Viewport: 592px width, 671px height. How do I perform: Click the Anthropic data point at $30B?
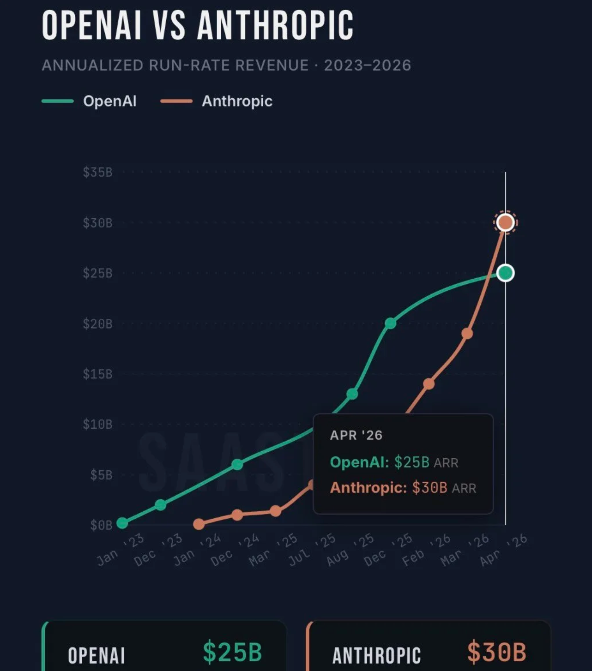[x=505, y=222]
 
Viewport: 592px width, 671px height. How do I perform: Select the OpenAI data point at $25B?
[x=505, y=273]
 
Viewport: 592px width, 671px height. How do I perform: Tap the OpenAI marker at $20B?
[x=390, y=323]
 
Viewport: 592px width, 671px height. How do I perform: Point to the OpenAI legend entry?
[x=109, y=101]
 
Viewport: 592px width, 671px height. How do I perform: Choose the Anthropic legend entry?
[x=237, y=101]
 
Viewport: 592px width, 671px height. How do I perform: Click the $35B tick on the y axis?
[x=97, y=173]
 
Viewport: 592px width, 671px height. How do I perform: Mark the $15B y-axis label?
[x=97, y=374]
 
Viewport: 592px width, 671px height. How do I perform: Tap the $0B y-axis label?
[x=101, y=525]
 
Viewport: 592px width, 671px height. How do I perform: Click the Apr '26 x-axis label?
[x=503, y=550]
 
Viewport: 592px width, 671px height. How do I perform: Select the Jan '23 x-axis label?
[x=120, y=550]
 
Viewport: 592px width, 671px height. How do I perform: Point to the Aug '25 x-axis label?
[x=350, y=550]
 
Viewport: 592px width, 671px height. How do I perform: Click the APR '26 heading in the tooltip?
[x=356, y=435]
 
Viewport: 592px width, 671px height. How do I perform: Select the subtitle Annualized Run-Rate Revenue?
[x=226, y=66]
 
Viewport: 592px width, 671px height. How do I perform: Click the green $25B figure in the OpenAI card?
[x=232, y=652]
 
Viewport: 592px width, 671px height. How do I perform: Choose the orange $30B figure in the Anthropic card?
[x=496, y=652]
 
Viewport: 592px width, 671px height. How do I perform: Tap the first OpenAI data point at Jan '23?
[x=122, y=523]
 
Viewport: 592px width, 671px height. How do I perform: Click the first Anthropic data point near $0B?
[x=199, y=524]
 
